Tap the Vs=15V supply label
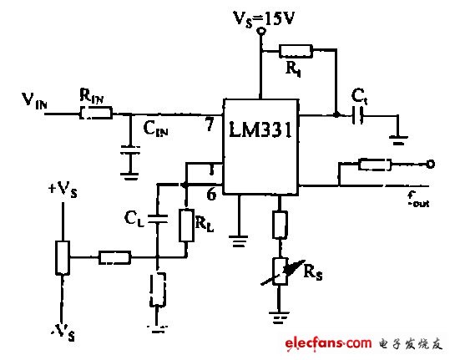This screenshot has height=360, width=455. coord(260,13)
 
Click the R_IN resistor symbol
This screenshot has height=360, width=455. coord(95,114)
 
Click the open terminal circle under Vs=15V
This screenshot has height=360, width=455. coord(261,31)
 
